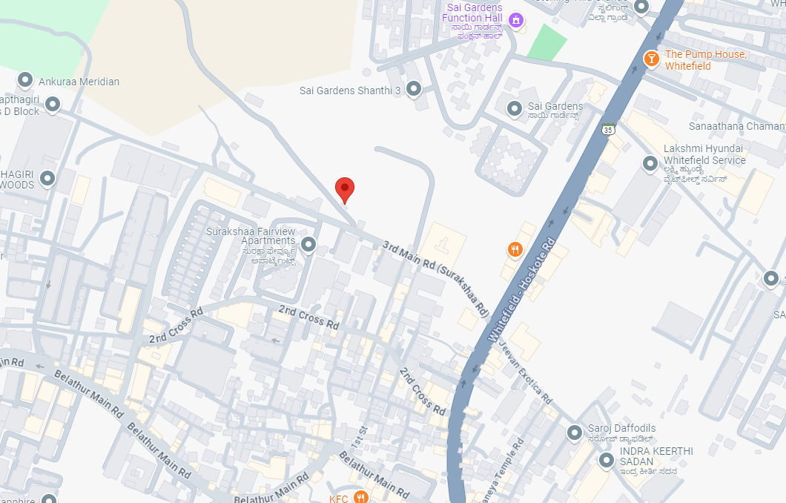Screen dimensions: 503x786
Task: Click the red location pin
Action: (345, 189)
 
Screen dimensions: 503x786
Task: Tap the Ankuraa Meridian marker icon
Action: (25, 80)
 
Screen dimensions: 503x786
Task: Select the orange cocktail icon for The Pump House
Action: (651, 59)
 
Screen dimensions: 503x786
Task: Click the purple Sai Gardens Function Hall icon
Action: (515, 19)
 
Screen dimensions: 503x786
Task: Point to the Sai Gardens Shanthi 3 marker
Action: (414, 90)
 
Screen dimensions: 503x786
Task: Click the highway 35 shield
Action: (609, 130)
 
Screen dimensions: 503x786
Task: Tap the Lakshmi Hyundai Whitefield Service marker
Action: (650, 163)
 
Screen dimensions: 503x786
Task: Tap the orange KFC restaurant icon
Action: (361, 497)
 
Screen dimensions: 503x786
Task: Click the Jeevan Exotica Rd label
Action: (526, 374)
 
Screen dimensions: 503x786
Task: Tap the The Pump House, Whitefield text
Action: (705, 60)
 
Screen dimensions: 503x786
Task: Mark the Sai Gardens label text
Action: (555, 107)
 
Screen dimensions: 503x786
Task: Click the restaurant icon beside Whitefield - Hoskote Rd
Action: (515, 250)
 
